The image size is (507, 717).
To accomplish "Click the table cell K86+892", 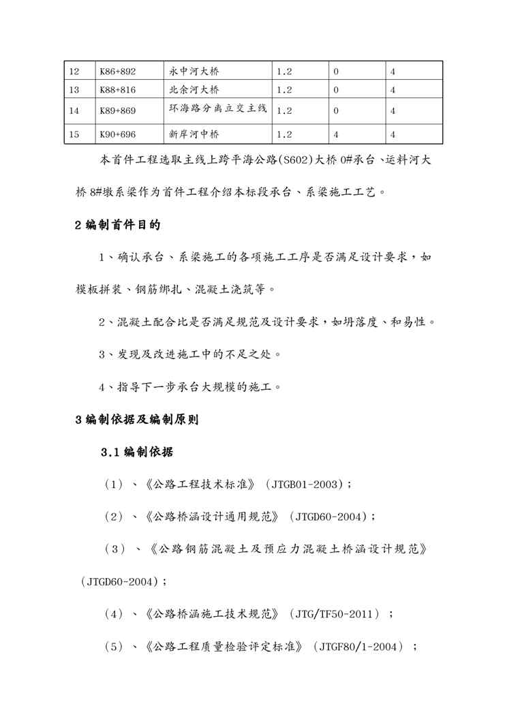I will coord(118,72).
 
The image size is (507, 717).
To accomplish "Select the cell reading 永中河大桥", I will coord(194,72).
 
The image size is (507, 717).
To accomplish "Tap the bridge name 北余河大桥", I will coord(194,89).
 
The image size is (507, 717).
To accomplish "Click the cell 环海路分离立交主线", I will coord(217,109).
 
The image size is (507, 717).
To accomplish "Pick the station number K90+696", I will coord(118,134).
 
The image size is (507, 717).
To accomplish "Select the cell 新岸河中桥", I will coord(194,134).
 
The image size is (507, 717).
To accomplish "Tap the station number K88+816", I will coord(118,89).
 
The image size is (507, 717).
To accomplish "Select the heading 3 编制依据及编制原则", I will coord(136,420).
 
